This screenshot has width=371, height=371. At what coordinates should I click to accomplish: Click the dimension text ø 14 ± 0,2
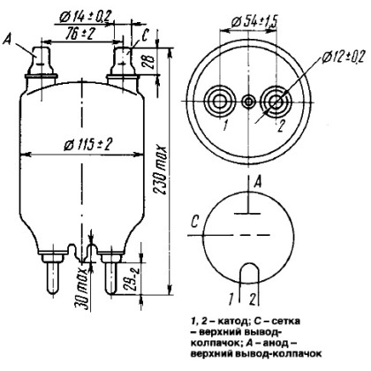(86, 17)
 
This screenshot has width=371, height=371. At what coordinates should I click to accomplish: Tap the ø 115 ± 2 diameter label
(88, 145)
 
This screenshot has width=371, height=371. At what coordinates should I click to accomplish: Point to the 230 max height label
(161, 170)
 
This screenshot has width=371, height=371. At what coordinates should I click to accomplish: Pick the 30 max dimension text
(81, 289)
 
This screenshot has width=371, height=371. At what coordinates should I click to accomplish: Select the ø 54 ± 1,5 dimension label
(255, 21)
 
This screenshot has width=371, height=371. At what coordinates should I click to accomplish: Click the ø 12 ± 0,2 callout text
(343, 57)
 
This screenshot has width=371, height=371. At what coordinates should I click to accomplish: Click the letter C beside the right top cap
(145, 36)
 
